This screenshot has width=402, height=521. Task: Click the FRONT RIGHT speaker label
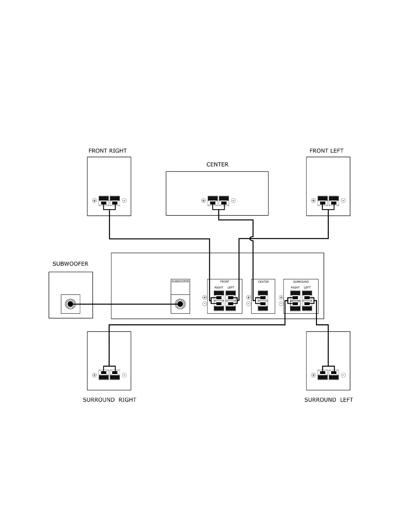(x=107, y=151)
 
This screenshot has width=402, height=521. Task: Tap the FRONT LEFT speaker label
(x=326, y=151)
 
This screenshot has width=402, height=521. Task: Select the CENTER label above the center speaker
(x=217, y=164)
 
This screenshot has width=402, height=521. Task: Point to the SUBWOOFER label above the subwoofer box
(x=70, y=264)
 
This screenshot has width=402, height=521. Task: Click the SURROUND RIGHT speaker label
(x=109, y=400)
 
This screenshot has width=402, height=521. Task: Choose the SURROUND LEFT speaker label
(x=328, y=400)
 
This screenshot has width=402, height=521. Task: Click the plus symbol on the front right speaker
(x=95, y=201)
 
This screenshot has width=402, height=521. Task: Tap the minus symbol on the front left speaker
(x=343, y=201)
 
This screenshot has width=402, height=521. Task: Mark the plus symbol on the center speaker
(x=204, y=201)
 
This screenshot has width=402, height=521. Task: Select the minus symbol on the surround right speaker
(x=124, y=375)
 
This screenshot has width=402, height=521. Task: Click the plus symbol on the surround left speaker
(x=313, y=375)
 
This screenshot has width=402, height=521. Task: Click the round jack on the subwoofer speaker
(x=70, y=304)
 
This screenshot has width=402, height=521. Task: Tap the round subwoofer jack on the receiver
(x=180, y=304)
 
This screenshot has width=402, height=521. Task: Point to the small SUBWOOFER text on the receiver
(x=180, y=282)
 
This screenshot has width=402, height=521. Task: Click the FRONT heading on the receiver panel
(x=225, y=282)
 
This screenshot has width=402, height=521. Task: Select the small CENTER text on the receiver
(x=263, y=282)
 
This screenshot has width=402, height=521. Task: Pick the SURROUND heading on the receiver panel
(x=301, y=282)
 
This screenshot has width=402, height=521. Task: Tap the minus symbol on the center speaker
(x=234, y=201)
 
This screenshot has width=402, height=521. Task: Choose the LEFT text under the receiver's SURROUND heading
(x=307, y=288)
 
